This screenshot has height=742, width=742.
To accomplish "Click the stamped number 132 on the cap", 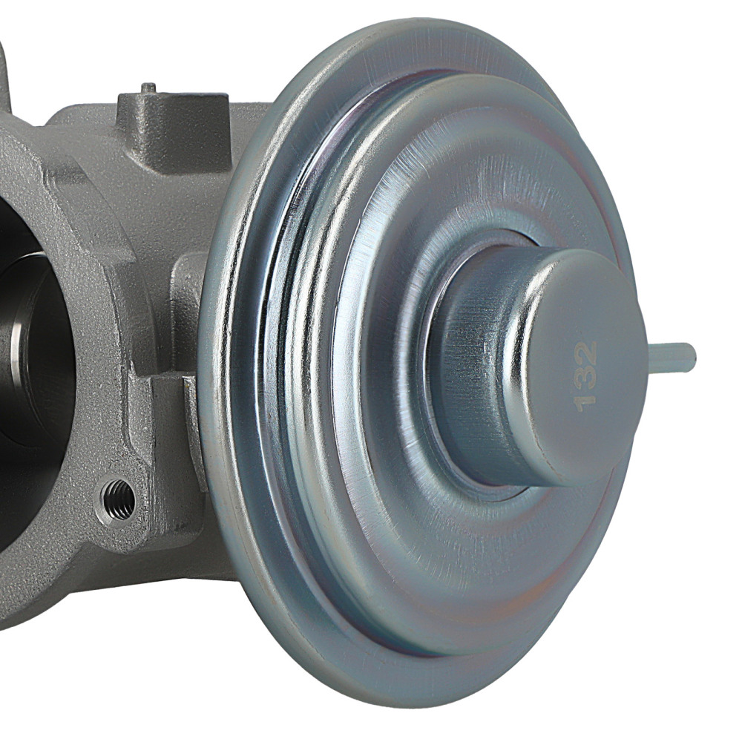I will pos(585,375).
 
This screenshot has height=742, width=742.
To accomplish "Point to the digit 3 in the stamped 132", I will pos(585,375).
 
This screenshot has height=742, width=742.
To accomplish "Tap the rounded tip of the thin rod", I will pos(692,358).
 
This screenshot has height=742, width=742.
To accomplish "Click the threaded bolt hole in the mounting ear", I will pos(119,499).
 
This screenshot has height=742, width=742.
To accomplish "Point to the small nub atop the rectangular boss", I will pos(148,88).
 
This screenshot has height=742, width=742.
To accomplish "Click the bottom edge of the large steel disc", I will pos(416,701).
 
